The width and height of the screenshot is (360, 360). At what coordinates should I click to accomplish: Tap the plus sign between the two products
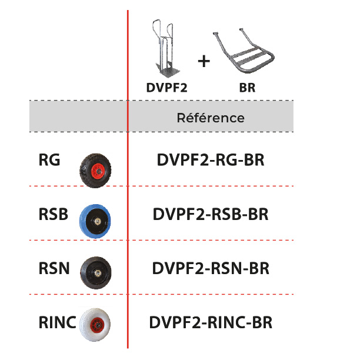203,61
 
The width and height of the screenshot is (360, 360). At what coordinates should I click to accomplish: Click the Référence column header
211,118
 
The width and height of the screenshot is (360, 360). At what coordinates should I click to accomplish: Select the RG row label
49,160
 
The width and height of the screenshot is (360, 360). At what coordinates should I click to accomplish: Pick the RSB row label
52,214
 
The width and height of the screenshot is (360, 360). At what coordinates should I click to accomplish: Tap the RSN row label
53,269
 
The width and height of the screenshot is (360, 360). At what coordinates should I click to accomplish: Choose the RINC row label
57,322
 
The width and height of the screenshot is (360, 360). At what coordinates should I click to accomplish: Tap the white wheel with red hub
95,324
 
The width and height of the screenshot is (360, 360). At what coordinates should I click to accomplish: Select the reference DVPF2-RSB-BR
211,214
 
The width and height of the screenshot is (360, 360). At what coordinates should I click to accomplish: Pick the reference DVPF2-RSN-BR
211,269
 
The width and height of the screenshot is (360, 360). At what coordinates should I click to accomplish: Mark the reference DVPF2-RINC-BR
211,322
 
